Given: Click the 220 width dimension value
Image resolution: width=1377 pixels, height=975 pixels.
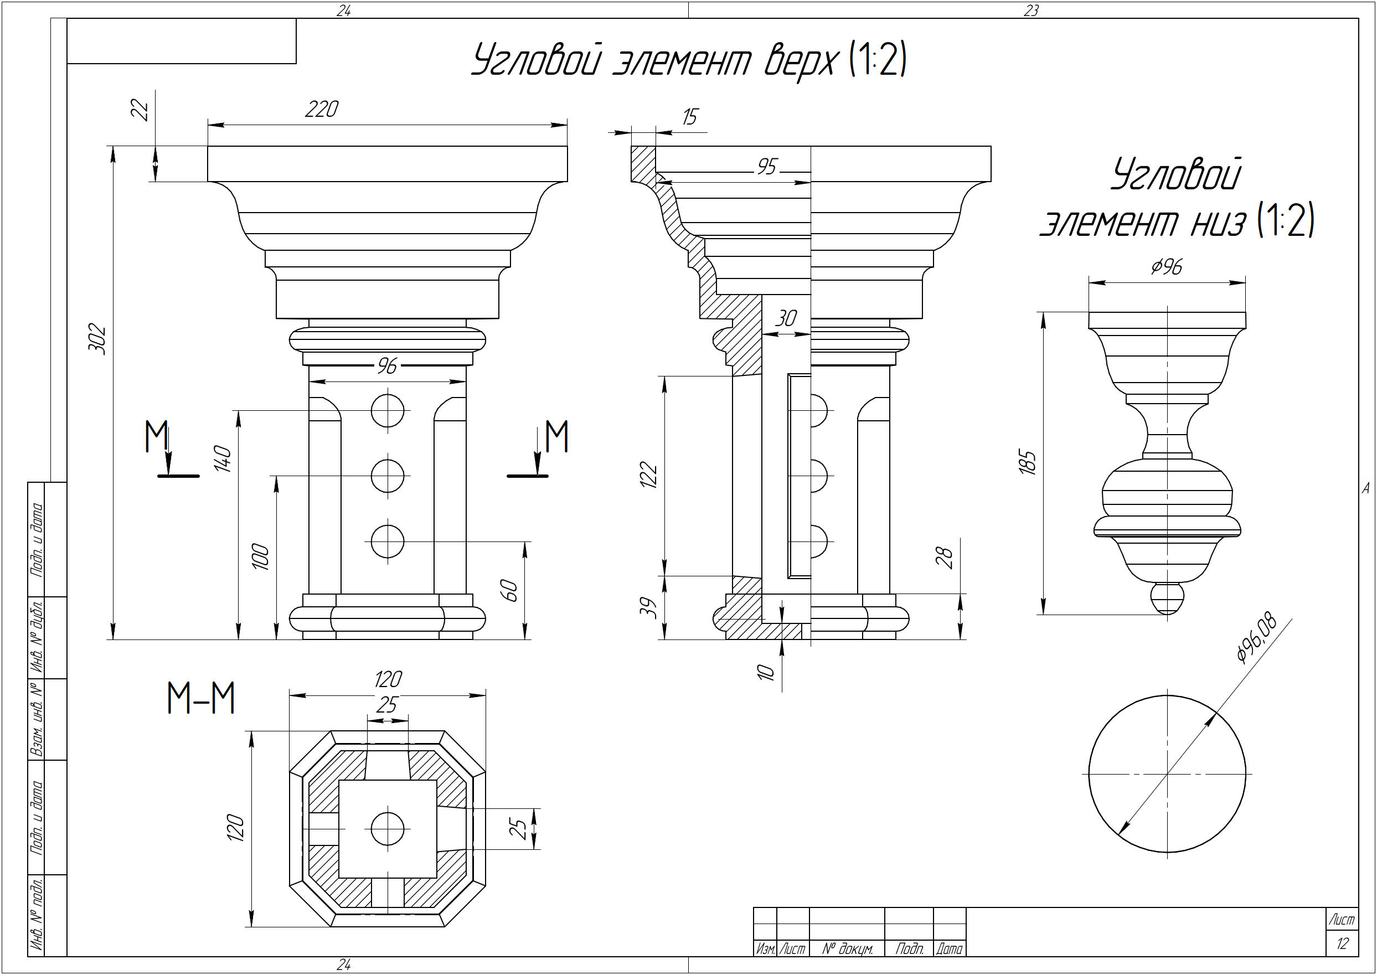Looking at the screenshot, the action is [x=322, y=109].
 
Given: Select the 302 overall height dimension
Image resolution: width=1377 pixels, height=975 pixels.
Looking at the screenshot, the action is [x=97, y=340].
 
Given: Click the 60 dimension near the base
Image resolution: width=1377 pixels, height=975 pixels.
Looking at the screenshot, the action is [x=508, y=590].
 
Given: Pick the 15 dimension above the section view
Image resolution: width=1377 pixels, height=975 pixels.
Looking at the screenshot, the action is [x=690, y=116].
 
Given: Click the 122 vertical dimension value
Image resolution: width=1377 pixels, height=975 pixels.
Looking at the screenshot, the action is [x=649, y=474].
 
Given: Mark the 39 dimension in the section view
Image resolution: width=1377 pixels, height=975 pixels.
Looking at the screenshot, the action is [x=650, y=607].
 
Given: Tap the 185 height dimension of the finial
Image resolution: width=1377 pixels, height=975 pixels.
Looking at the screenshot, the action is [x=1028, y=462].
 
